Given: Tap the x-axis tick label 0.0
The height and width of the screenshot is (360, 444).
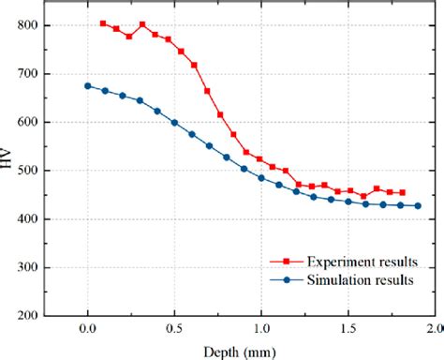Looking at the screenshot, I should pyautogui.click(x=87, y=330).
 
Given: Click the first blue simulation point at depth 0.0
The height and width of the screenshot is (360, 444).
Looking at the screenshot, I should pyautogui.click(x=88, y=85).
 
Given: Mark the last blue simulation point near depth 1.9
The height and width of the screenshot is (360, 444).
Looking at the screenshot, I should pyautogui.click(x=418, y=206).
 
